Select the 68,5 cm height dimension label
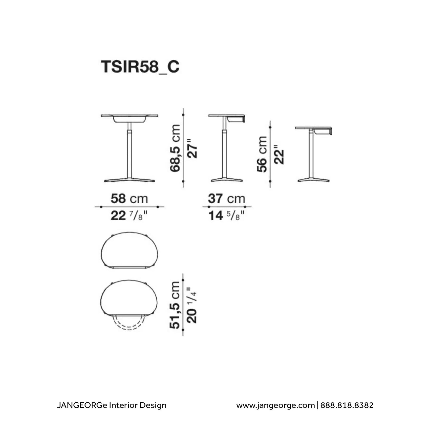click(x=175, y=148)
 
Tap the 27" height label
click(x=192, y=148)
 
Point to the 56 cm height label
click(x=262, y=154)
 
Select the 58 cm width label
click(x=129, y=199)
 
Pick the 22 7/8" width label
click(x=129, y=216)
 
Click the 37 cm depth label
click(x=227, y=199)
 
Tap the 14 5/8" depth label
click(x=227, y=216)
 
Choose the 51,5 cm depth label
click(x=175, y=305)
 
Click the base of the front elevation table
click(x=129, y=180)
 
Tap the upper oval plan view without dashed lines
click(x=129, y=250)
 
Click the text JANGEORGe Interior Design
click(x=111, y=405)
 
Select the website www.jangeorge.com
click(x=275, y=405)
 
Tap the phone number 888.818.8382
click(x=347, y=405)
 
